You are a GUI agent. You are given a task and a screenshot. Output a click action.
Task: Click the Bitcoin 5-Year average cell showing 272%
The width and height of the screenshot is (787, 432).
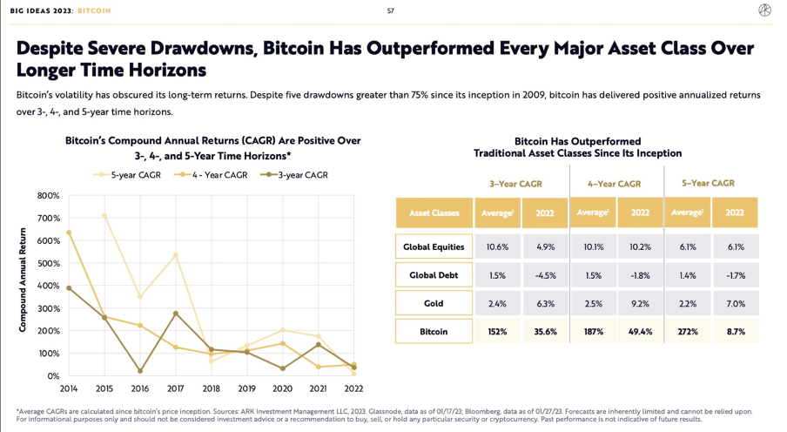[x=688, y=332]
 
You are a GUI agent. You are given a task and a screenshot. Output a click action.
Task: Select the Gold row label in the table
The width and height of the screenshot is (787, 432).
[x=434, y=303]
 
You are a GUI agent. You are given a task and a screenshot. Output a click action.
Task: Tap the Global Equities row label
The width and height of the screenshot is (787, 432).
[x=434, y=246]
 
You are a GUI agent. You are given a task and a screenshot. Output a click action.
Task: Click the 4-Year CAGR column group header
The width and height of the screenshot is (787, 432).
[x=615, y=184]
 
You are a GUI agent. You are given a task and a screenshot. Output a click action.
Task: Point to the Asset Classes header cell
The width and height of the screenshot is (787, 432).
[x=434, y=213]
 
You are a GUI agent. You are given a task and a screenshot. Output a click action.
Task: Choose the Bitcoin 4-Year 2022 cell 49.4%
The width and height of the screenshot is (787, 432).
[x=640, y=332]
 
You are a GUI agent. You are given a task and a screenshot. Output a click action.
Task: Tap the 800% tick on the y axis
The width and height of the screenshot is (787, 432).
[x=47, y=195]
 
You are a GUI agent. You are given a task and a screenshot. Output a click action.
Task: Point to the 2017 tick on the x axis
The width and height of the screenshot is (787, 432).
[x=176, y=388]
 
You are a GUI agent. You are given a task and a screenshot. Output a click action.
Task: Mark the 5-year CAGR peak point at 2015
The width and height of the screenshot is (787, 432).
[x=104, y=215]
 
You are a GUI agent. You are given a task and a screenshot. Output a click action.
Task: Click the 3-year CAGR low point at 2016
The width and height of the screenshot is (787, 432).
[x=140, y=371]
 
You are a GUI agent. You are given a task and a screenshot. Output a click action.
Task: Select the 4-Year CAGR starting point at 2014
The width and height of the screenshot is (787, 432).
[x=69, y=233]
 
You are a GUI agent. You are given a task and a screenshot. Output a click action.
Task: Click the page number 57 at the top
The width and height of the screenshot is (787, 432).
[x=390, y=10]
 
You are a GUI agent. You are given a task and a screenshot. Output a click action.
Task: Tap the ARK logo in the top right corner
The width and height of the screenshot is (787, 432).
[x=763, y=10]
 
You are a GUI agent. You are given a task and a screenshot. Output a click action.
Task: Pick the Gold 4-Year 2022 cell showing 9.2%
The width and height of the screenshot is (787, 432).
[x=640, y=303]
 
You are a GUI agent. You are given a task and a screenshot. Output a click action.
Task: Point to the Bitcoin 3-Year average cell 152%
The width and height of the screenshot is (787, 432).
[x=497, y=332]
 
